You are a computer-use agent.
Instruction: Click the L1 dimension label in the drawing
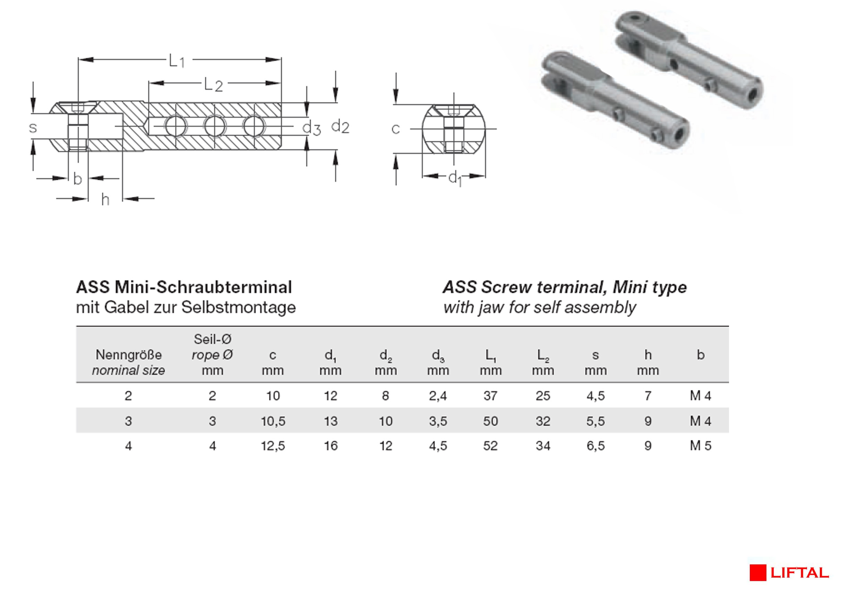176,61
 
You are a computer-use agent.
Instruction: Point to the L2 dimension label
213,85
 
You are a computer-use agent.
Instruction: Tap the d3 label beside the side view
311,128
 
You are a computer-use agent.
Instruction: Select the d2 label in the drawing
340,127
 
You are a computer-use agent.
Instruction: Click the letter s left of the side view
33,128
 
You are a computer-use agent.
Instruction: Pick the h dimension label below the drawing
105,200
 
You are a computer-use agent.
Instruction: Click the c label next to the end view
396,129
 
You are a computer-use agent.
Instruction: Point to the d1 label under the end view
455,178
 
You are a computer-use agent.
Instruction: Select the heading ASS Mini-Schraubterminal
184,287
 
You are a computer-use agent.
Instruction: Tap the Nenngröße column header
128,355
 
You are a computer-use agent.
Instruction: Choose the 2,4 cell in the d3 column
438,396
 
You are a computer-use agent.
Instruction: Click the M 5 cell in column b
700,445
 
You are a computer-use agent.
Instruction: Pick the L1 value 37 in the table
490,396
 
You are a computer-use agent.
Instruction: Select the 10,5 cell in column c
273,421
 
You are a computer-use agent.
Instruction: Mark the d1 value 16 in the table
330,445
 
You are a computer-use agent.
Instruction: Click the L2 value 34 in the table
543,445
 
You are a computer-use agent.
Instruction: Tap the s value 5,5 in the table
595,421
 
